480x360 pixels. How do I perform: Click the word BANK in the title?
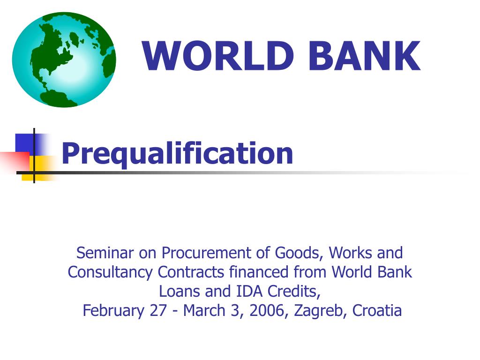pyautogui.click(x=364, y=57)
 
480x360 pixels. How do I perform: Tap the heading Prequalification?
pyautogui.click(x=177, y=154)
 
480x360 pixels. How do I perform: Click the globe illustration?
pyautogui.click(x=64, y=60)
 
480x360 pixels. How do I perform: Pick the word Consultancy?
pyautogui.click(x=111, y=272)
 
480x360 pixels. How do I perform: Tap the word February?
pyautogui.click(x=114, y=311)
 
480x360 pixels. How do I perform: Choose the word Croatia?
pyautogui.click(x=377, y=311)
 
